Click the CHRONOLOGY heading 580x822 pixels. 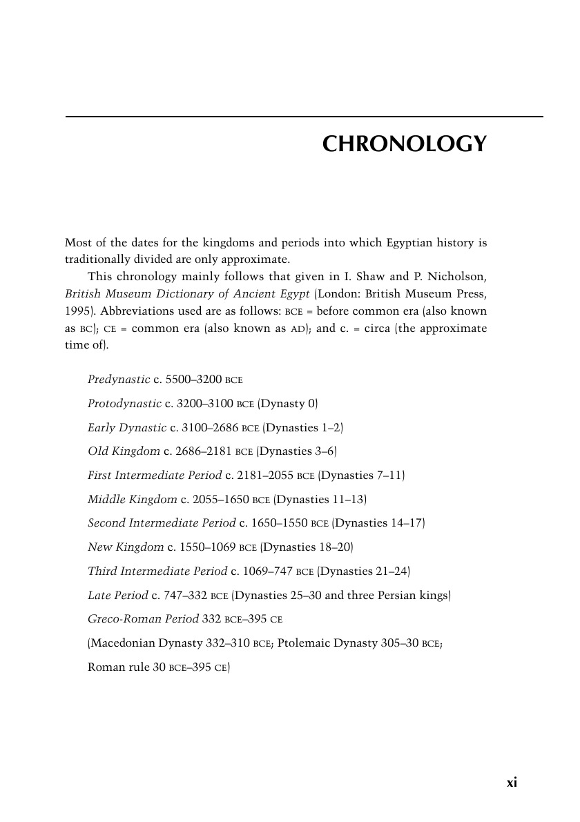point(405,144)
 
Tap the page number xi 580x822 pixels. point(512,782)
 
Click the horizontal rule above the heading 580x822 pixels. point(304,117)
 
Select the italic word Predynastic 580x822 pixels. point(119,380)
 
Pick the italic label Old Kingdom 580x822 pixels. point(124,451)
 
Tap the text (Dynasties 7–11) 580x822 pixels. point(362,476)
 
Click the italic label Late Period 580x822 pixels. point(118,595)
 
